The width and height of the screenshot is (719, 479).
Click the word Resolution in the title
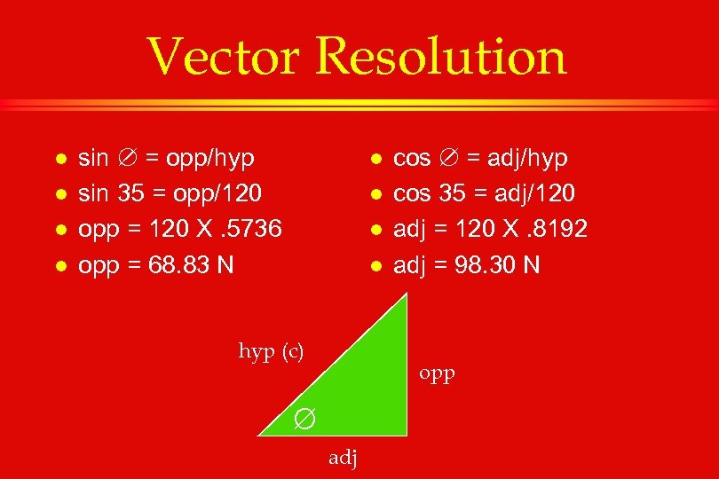(x=440, y=57)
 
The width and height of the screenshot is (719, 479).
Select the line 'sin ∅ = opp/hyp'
(x=167, y=158)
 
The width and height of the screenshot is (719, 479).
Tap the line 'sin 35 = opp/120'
(x=170, y=193)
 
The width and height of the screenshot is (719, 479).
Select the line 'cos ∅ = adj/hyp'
(x=480, y=158)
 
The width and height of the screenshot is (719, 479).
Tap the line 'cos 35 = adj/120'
(x=484, y=193)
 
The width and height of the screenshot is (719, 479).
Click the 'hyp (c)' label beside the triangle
(x=271, y=351)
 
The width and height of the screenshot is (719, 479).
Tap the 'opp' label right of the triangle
(x=437, y=374)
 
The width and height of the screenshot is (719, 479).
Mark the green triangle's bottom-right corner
(x=407, y=435)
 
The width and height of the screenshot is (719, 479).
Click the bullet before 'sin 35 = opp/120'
(x=59, y=194)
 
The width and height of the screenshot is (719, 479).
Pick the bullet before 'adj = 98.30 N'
(x=375, y=265)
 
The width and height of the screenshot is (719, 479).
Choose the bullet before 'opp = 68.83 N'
(x=59, y=265)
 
